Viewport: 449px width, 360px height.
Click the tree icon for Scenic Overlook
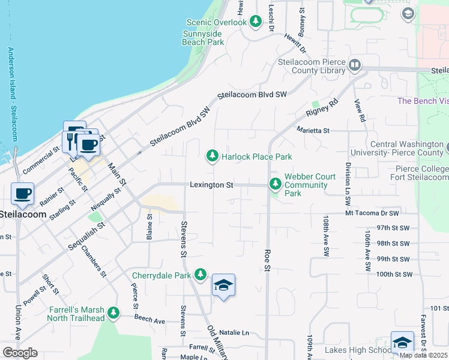[x=256, y=22]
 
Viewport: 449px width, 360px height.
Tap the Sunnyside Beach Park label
[x=203, y=38]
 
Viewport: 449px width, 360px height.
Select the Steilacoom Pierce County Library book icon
[x=354, y=65]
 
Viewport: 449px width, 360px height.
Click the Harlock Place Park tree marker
[x=212, y=157]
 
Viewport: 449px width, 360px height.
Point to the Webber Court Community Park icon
[x=276, y=183]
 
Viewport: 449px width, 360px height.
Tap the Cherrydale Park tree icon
[x=200, y=275]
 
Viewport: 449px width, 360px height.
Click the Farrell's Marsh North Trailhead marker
[x=113, y=313]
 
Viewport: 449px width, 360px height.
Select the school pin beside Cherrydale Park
[x=223, y=286]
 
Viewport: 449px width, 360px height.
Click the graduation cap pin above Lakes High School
[x=402, y=342]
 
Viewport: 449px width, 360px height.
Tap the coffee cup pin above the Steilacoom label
[x=23, y=194]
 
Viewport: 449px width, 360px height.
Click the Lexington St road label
[x=211, y=185]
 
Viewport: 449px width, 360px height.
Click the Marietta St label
[x=313, y=130]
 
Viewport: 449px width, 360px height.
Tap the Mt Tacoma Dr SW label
[x=372, y=213]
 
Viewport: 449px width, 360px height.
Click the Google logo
[x=20, y=352]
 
